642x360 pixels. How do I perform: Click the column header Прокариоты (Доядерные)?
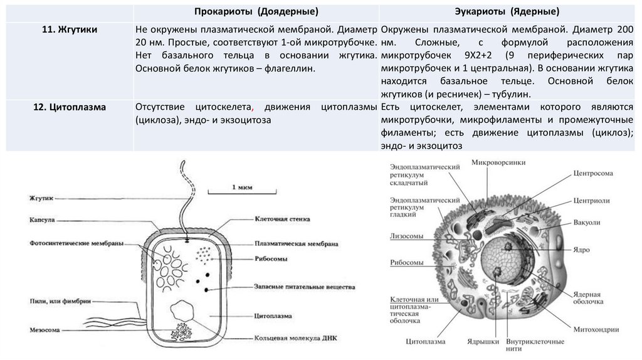click(x=255, y=12)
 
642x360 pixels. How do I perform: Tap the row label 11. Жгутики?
click(x=70, y=29)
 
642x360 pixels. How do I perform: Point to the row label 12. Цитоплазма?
click(x=70, y=108)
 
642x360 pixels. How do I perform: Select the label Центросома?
click(x=592, y=173)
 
